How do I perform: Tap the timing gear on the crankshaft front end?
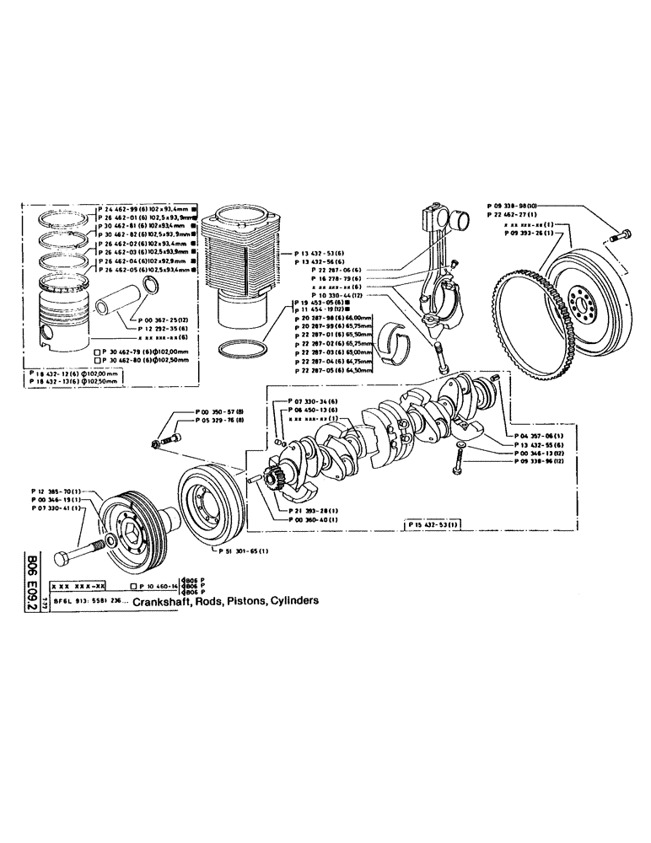277,485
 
